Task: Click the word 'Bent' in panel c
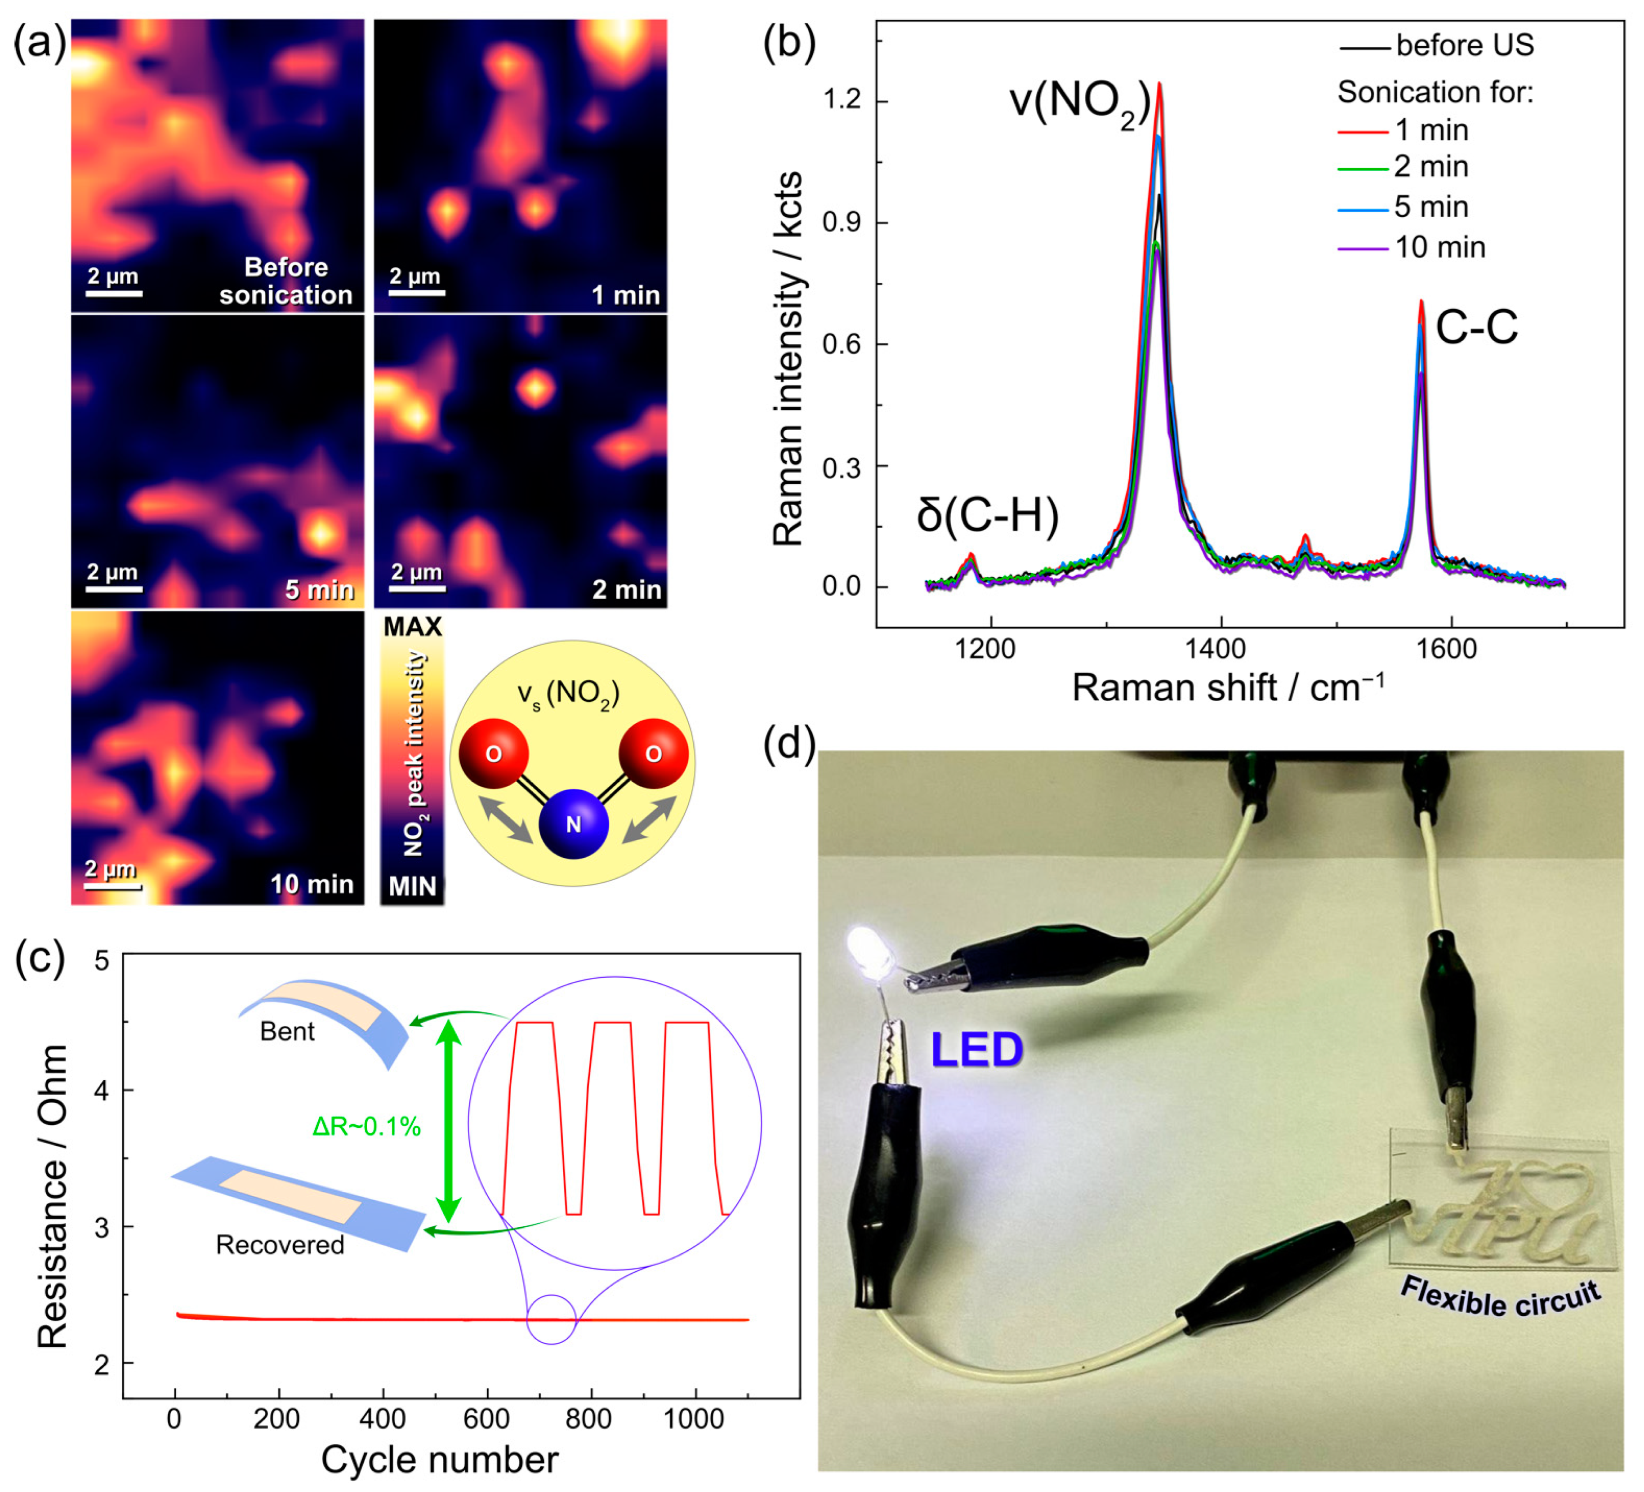[287, 1031]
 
